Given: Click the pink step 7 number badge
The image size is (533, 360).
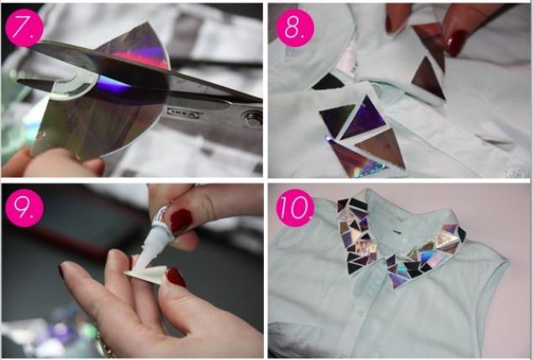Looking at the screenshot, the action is (24, 28).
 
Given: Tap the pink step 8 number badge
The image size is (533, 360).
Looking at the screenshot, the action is (295, 28).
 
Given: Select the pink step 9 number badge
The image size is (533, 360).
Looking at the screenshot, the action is (24, 208).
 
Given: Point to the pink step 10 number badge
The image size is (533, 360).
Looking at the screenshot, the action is (295, 208).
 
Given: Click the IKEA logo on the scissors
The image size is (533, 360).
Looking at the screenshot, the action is (183, 113).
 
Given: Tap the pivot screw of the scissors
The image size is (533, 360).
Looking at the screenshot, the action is (251, 118).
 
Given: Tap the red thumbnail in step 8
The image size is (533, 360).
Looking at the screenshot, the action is (456, 43).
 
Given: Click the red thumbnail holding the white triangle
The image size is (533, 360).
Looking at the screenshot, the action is (176, 277).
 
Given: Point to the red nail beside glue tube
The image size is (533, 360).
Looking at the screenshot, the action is (180, 221).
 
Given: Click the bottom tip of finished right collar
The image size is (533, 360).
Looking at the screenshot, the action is (396, 289).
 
